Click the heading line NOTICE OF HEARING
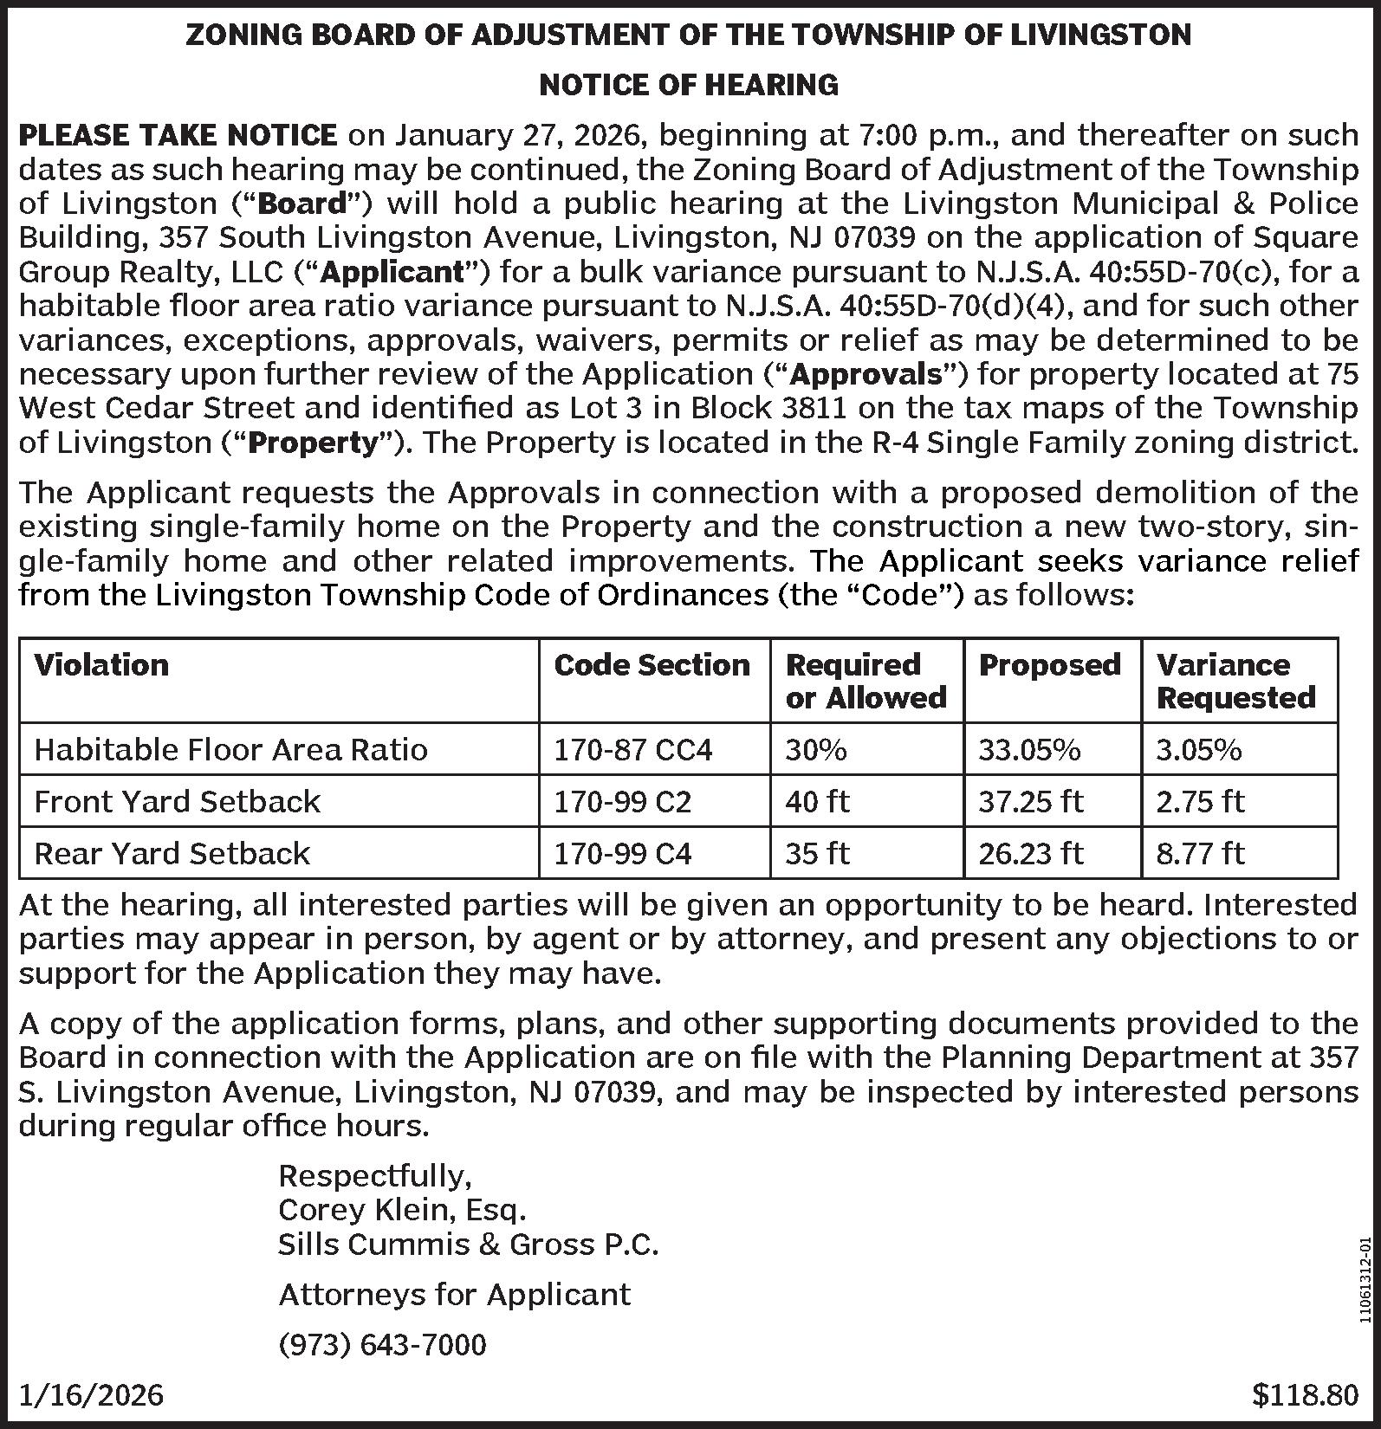(x=689, y=85)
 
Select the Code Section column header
(x=652, y=665)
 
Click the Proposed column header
(x=1049, y=665)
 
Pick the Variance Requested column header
(x=1235, y=681)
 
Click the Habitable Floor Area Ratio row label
(x=230, y=749)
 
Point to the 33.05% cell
(x=1029, y=749)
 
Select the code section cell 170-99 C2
(x=622, y=801)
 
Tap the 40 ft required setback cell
(x=817, y=801)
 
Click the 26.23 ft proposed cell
(x=1030, y=853)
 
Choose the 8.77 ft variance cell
(x=1200, y=853)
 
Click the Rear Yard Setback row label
(x=172, y=853)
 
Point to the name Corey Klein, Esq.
(x=402, y=1209)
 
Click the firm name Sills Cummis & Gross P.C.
(x=468, y=1245)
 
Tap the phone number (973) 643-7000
(x=382, y=1344)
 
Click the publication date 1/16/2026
(x=91, y=1394)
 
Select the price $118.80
(x=1305, y=1394)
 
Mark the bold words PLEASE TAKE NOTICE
(x=178, y=135)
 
